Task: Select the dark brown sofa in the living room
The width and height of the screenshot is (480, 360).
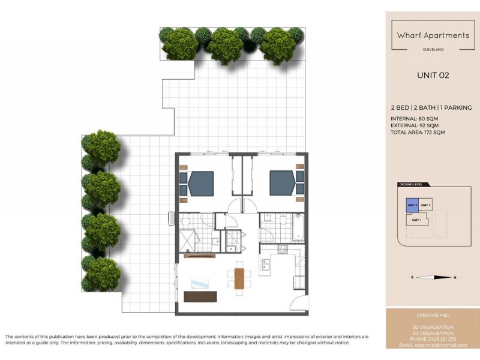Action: click(200, 296)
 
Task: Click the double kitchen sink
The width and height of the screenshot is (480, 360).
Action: click(265, 264)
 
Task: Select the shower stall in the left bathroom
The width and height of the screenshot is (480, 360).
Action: click(189, 241)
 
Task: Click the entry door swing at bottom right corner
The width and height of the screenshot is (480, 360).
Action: click(298, 303)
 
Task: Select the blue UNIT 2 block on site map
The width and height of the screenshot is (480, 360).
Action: click(412, 205)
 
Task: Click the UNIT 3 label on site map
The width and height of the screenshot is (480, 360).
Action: click(426, 206)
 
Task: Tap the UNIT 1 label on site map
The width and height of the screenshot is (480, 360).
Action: click(417, 220)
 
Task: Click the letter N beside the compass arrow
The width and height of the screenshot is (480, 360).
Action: click(455, 277)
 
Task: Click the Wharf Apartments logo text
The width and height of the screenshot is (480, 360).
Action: click(433, 35)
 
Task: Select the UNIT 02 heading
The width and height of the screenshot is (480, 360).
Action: click(433, 76)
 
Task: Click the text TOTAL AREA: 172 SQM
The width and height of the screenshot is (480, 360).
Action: click(418, 131)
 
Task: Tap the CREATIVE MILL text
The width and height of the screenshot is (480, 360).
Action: click(433, 315)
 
